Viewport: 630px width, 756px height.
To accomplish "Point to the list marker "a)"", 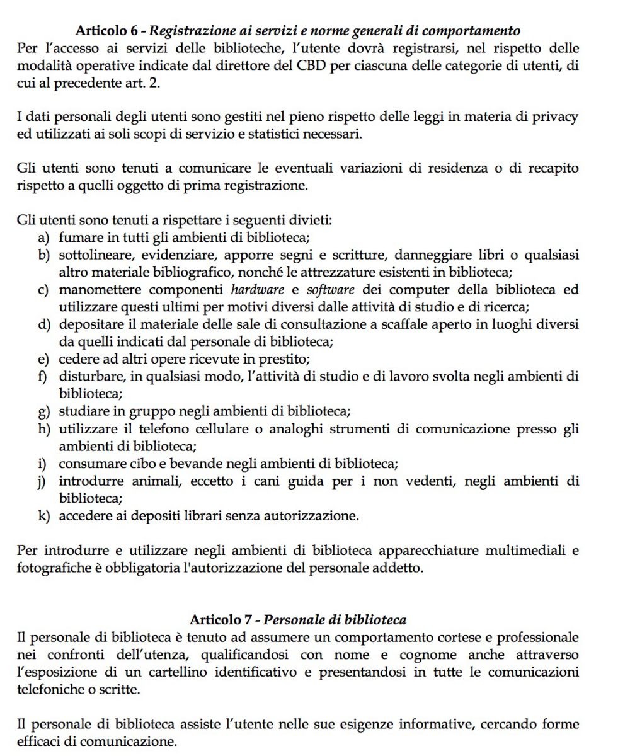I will pos(44,238).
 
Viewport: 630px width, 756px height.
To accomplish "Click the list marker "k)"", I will pos(44,516).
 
